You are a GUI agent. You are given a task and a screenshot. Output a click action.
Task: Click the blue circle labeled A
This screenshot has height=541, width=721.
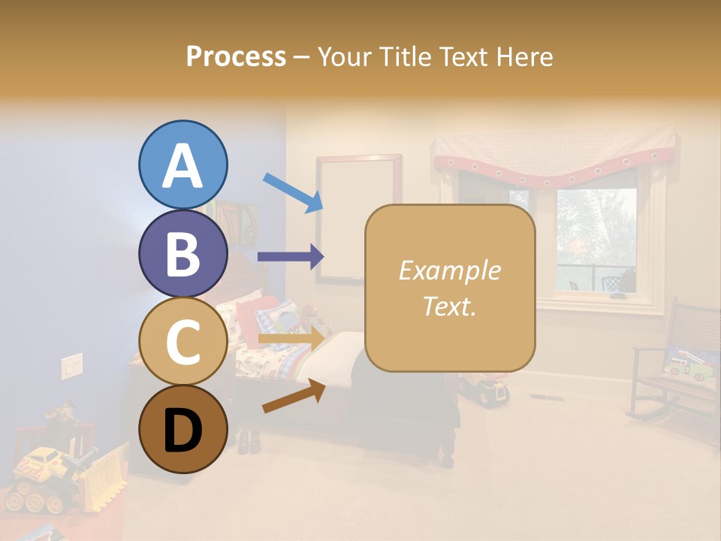click(183, 165)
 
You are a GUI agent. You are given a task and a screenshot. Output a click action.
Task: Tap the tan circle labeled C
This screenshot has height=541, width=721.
click(183, 341)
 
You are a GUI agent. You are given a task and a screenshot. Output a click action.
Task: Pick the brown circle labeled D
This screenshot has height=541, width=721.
click(183, 429)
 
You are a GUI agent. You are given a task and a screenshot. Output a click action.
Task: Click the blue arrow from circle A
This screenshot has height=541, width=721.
click(293, 192)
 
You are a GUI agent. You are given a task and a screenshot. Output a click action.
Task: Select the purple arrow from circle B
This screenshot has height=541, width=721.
click(290, 257)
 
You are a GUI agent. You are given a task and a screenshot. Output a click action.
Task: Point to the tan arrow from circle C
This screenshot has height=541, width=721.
click(290, 339)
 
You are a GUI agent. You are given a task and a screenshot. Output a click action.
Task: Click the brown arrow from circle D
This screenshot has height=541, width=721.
click(294, 397)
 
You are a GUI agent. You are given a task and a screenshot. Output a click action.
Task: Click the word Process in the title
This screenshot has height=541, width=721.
click(236, 57)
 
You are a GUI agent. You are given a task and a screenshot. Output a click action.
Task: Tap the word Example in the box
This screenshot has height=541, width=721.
click(449, 270)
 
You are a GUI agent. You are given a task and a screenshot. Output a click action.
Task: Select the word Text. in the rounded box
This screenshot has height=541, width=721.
click(449, 306)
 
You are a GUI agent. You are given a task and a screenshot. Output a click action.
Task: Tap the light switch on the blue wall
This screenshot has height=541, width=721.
click(72, 365)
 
